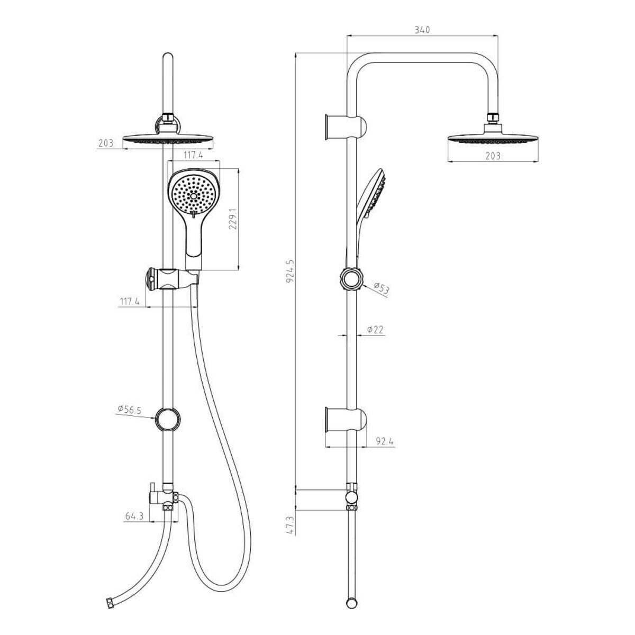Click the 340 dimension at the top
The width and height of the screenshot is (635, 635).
[422, 30]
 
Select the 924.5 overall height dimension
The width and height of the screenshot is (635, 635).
[290, 271]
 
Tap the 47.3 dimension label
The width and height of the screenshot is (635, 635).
[291, 525]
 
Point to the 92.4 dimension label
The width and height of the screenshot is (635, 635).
[385, 441]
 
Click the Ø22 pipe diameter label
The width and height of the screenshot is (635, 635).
[375, 329]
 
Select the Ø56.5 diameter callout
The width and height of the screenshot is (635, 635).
[129, 410]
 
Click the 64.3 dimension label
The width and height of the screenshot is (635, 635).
[134, 516]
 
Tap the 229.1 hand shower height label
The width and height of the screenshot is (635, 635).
[233, 219]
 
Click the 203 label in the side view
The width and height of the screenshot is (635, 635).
[493, 156]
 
